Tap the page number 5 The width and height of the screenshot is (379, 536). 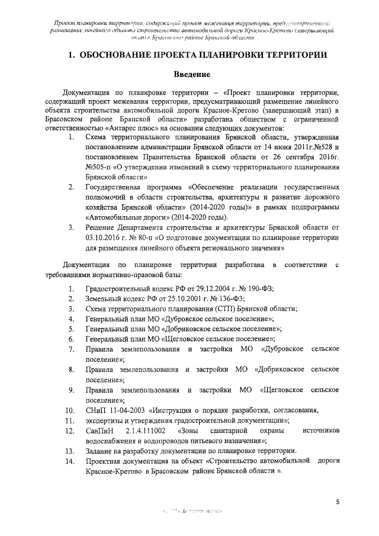point(337,502)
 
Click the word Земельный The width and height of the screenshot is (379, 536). point(106,299)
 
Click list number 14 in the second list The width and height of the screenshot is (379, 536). point(69,461)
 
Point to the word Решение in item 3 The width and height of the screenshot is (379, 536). point(102,226)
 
